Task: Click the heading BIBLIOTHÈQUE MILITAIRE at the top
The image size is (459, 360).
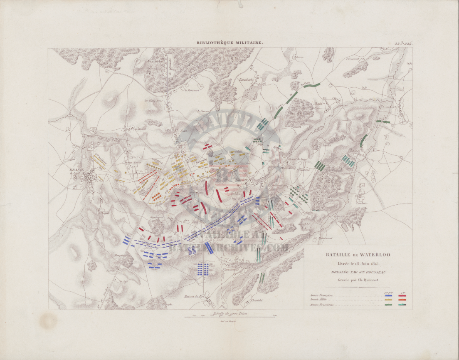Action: [229, 43]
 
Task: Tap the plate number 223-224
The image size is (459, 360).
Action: [402, 42]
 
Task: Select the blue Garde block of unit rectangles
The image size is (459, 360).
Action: [203, 269]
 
